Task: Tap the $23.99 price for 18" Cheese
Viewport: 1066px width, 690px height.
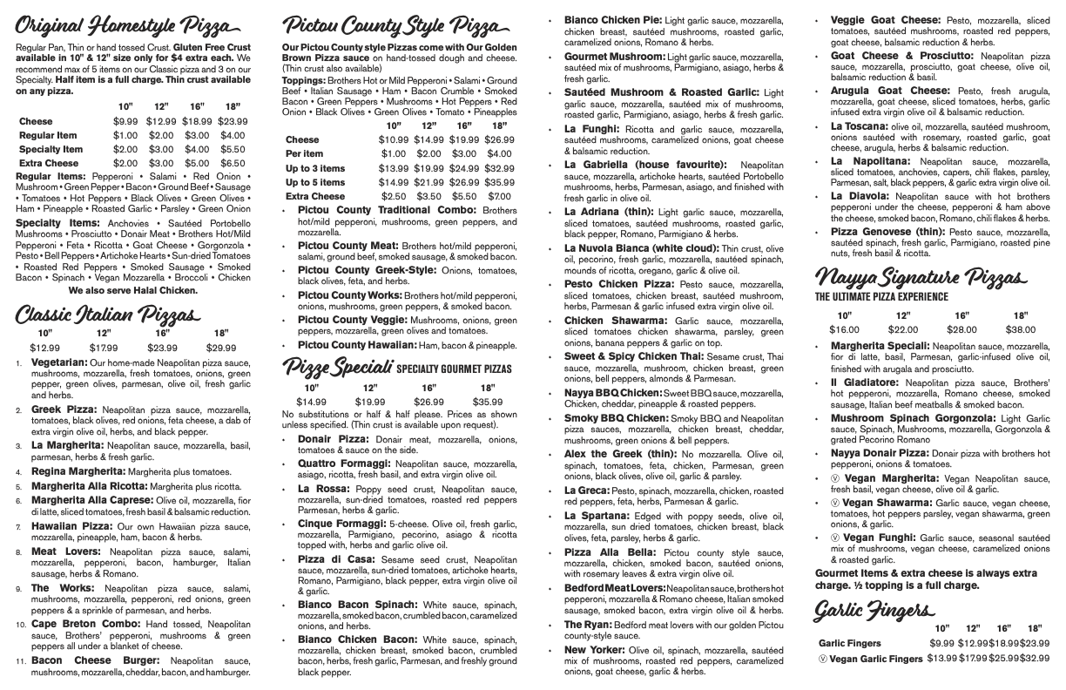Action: pos(233,121)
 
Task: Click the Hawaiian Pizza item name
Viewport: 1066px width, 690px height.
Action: pos(66,526)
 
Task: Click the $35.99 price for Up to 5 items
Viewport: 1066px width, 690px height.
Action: pos(499,182)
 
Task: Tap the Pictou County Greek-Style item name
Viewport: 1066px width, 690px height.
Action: pos(351,269)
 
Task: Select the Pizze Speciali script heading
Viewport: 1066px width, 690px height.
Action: pos(337,368)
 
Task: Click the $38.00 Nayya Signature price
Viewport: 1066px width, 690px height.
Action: pos(1020,329)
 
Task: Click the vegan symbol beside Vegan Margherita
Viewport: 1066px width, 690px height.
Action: pos(835,478)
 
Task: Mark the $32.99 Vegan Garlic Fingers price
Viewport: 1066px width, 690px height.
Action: pos(1034,658)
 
